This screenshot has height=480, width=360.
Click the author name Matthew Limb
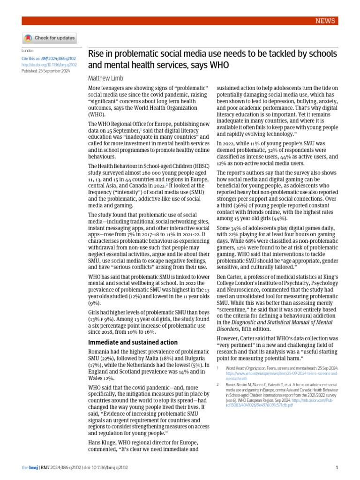(106, 78)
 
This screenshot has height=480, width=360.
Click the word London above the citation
(28, 51)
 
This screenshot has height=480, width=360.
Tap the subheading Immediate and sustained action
(133, 329)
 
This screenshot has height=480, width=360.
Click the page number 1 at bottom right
(337, 468)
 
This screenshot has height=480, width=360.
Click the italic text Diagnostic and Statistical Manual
(275, 322)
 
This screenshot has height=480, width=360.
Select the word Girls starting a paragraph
(96, 312)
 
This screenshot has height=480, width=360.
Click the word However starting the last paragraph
(230, 338)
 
